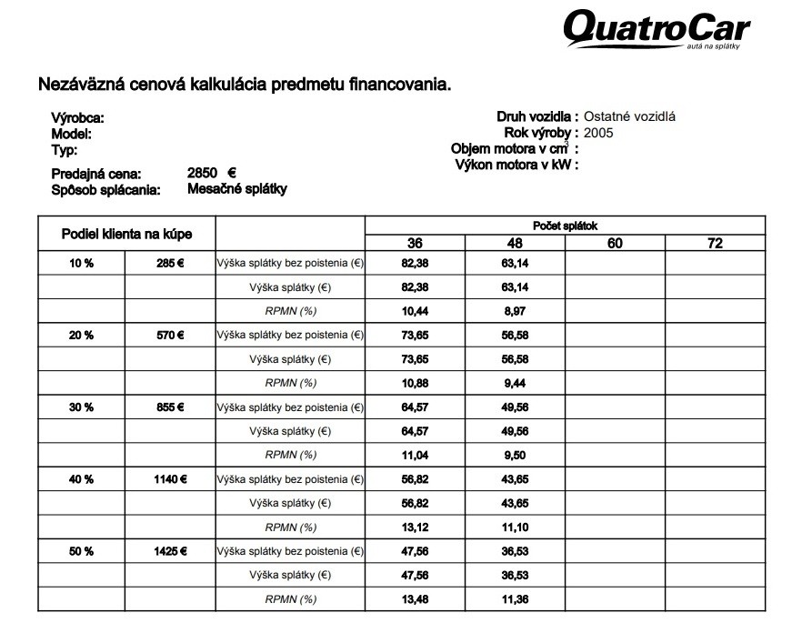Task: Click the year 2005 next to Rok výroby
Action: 598,133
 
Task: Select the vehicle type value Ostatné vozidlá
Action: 629,116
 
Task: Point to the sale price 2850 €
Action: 211,173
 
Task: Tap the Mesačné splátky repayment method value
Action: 236,189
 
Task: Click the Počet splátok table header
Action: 564,226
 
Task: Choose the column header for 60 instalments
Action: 615,243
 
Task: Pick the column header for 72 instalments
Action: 715,243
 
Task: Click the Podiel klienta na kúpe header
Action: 126,234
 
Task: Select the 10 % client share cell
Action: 81,263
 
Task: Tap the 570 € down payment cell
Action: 170,335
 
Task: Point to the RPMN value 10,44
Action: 415,311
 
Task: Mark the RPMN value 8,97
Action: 515,311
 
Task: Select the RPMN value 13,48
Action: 415,599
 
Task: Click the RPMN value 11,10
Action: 515,527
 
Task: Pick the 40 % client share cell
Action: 81,479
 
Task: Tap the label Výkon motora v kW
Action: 514,165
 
